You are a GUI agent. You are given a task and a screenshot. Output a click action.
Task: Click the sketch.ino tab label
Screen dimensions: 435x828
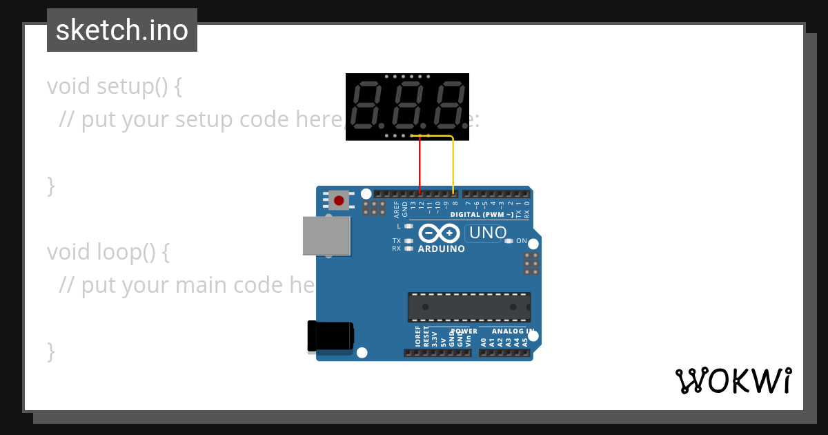pos(122,30)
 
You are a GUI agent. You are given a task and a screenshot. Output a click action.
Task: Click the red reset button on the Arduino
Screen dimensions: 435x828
pos(339,201)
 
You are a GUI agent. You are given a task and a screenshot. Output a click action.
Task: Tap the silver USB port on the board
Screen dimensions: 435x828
pos(326,235)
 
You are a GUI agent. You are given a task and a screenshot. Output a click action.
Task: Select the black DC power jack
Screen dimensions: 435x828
pos(331,337)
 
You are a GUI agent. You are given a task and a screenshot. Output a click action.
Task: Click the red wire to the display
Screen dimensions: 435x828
pos(420,166)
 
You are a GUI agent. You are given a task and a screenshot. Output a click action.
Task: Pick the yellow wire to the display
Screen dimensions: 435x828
pos(453,166)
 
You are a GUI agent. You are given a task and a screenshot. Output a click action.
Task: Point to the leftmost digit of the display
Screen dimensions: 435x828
pos(366,104)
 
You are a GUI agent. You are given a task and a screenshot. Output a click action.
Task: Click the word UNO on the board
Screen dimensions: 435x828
pos(488,233)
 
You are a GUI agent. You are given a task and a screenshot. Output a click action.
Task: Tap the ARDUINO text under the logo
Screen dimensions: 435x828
pos(442,249)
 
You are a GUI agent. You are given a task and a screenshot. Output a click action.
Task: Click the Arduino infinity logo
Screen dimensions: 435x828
pos(439,234)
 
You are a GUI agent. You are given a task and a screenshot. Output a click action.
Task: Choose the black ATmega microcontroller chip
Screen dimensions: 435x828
pos(469,307)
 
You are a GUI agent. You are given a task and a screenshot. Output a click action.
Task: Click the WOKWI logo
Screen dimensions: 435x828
pos(733,380)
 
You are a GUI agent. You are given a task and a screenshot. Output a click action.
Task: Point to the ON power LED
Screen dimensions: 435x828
pos(509,241)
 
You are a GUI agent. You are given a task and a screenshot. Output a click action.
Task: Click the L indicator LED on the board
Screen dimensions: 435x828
pos(408,226)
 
